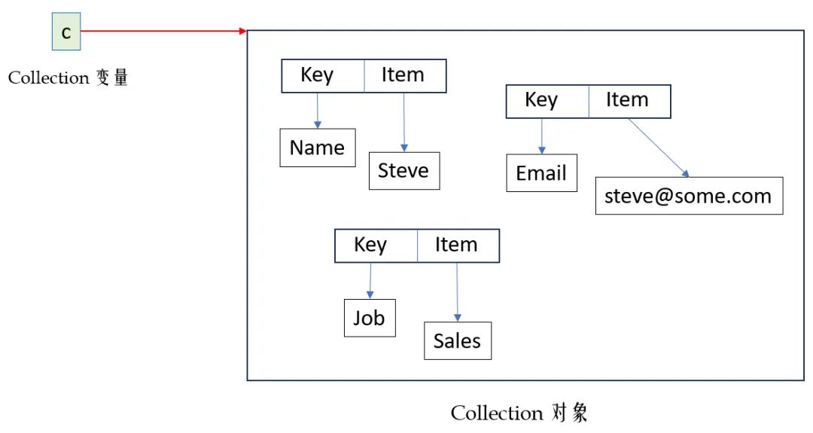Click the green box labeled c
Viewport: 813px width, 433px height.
tap(66, 32)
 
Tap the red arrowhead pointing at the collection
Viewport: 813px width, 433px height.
tap(242, 31)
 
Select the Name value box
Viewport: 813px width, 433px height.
tap(318, 148)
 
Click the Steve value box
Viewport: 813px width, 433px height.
tap(404, 171)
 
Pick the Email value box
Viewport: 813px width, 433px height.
tap(541, 172)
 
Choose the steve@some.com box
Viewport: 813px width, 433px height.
tap(689, 196)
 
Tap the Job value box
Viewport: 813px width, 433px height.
tap(370, 318)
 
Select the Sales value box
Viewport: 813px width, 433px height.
tap(458, 340)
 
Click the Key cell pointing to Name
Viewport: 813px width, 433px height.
tap(322, 76)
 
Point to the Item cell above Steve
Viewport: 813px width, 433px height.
tap(405, 76)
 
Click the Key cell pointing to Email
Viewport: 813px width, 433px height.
tap(547, 101)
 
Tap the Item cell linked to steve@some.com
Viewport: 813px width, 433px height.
tap(629, 101)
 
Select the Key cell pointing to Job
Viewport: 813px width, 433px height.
tap(376, 245)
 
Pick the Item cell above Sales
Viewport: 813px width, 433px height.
tap(458, 245)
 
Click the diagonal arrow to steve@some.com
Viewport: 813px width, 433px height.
tap(659, 148)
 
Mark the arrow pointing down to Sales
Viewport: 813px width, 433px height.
tap(458, 292)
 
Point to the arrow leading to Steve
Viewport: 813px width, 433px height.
tap(404, 123)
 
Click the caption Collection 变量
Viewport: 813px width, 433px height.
tap(68, 78)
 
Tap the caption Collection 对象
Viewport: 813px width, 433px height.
tap(519, 413)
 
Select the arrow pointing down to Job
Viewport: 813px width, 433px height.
tap(370, 281)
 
